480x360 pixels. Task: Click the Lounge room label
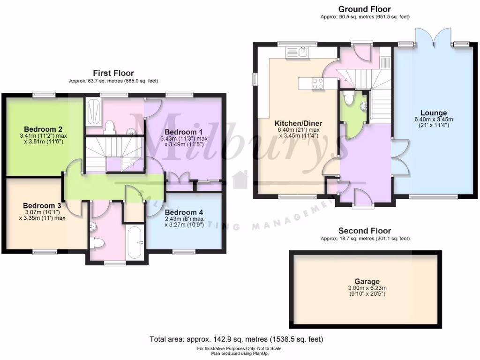(433, 113)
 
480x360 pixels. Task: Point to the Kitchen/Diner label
(298, 124)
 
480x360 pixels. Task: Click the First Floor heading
(113, 73)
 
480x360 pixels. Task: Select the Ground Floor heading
(364, 9)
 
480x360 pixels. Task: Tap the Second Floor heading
(365, 231)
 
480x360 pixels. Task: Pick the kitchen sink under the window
(303, 51)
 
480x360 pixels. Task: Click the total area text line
(236, 339)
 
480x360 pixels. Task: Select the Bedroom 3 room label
(42, 205)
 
